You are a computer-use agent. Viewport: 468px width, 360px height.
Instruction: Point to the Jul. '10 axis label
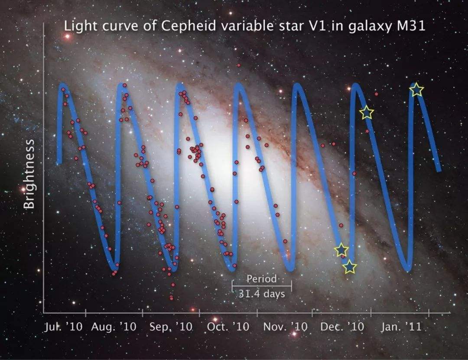[63, 327]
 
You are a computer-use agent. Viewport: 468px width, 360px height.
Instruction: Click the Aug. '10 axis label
[114, 327]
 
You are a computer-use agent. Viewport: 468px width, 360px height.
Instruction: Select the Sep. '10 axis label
[171, 327]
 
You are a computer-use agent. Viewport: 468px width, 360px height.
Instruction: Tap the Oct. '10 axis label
[228, 327]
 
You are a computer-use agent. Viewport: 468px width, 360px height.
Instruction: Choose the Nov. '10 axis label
[286, 327]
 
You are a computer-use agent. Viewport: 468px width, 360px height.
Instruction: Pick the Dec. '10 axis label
[342, 327]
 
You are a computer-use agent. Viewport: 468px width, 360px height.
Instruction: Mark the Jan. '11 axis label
[401, 327]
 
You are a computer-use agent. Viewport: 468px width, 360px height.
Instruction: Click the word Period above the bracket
[261, 279]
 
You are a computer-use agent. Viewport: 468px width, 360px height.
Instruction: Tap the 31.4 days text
[262, 294]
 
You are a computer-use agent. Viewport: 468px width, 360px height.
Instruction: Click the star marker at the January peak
[416, 90]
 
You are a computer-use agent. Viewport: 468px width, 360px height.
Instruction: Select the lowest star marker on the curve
[350, 267]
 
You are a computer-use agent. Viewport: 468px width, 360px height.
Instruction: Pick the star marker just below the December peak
[367, 112]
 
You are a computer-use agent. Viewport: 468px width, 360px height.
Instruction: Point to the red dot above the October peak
[239, 65]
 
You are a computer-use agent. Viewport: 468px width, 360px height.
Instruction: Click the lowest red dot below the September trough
[172, 298]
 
